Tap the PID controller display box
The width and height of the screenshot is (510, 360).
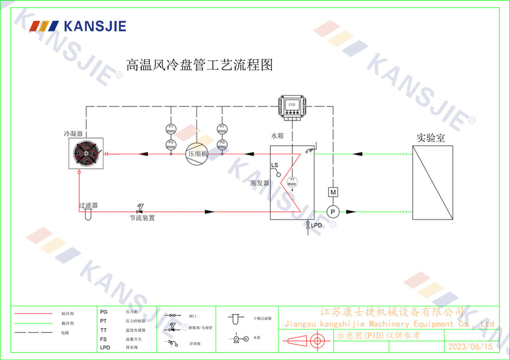292,105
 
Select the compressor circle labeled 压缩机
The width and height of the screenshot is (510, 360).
197,153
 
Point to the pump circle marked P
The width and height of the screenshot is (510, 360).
333,212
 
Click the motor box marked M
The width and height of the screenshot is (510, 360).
333,192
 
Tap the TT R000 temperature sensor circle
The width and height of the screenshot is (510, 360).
292,182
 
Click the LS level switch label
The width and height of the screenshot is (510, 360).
275,166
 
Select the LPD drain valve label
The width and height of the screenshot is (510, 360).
317,225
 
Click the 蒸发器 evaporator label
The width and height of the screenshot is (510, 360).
260,183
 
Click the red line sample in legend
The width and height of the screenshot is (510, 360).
34,313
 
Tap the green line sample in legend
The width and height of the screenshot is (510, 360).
34,323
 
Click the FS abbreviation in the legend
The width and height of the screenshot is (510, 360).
104,339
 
